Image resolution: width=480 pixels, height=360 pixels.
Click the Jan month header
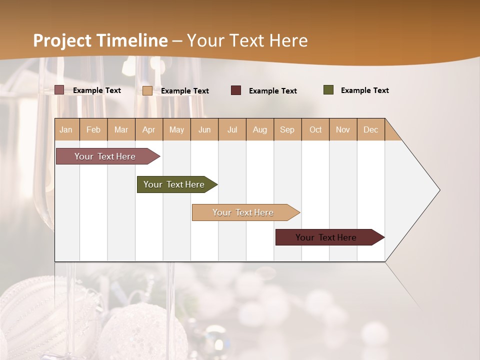pyautogui.click(x=66, y=129)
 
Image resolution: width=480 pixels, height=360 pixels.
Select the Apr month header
pyautogui.click(x=149, y=129)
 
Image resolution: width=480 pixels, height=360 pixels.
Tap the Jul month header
pyautogui.click(x=232, y=129)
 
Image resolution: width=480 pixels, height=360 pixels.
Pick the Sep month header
pyautogui.click(x=287, y=129)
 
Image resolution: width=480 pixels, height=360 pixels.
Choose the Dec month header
pyautogui.click(x=371, y=129)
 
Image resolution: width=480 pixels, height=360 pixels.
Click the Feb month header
pyautogui.click(x=93, y=129)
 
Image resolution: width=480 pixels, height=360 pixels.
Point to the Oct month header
pyautogui.click(x=315, y=129)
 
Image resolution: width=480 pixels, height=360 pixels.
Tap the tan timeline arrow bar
pyautogui.click(x=243, y=212)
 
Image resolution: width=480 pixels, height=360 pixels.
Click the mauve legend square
pyautogui.click(x=59, y=90)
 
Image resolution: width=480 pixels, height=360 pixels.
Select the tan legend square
pyautogui.click(x=147, y=90)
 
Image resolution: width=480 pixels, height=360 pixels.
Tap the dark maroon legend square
pyautogui.click(x=236, y=90)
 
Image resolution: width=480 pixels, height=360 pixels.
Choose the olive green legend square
pyautogui.click(x=328, y=90)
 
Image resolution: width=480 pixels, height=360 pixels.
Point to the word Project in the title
pyautogui.click(x=62, y=40)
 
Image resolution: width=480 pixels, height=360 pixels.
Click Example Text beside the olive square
pyautogui.click(x=364, y=90)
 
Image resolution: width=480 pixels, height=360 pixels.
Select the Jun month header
pyautogui.click(x=204, y=129)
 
